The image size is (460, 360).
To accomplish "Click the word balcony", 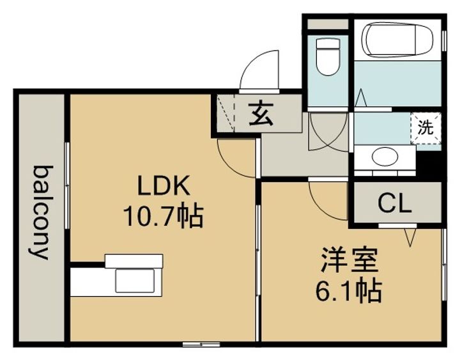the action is point(40,212).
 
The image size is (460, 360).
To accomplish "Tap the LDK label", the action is point(164,185).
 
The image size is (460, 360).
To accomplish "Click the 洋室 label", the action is point(349,260).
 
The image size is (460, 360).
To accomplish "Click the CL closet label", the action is point(395,204).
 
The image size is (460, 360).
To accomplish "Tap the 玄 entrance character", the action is point(261,113).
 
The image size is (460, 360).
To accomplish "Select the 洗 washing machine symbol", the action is point(425,128).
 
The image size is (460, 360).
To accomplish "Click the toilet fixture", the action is point(328,57).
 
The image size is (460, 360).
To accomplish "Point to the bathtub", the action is point(397,40).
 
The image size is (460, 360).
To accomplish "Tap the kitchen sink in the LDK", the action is point(135,281).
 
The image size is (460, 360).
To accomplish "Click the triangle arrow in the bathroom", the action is point(360,98).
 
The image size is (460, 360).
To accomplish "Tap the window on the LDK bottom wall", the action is point(201,345).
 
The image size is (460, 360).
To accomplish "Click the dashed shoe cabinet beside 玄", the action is point(226,113).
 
